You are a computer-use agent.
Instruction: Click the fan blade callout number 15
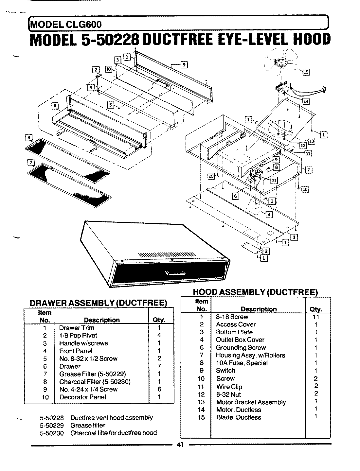point(306,72)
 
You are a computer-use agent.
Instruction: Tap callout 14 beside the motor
point(306,101)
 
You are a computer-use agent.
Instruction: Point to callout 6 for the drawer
point(55,106)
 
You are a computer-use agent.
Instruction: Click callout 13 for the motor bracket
point(311,141)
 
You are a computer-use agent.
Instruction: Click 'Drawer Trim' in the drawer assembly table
point(77,328)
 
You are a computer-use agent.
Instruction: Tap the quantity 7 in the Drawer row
point(159,366)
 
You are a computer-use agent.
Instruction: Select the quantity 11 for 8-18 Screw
point(316,317)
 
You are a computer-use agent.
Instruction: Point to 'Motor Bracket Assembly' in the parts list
point(251,402)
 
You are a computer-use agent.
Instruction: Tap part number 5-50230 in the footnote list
point(52,433)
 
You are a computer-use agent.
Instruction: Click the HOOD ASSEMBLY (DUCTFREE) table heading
point(255,292)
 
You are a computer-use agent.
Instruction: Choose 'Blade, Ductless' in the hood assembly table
point(239,417)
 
